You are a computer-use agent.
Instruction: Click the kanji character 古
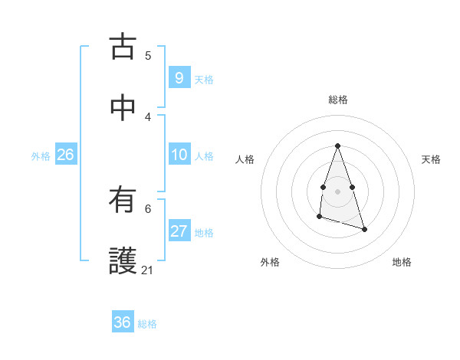tap(123, 47)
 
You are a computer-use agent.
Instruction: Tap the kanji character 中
tap(123, 108)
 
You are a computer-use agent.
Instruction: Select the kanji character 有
tap(123, 201)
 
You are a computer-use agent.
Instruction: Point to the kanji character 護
tap(123, 260)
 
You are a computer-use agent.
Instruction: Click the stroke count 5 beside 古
tap(148, 55)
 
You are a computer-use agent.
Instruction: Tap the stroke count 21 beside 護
tap(148, 270)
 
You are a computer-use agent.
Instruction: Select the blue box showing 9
tap(179, 77)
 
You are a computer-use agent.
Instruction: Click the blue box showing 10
tap(179, 155)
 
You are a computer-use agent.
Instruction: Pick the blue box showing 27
tap(179, 231)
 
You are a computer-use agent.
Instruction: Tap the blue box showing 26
tap(65, 155)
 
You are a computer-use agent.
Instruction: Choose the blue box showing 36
tap(122, 322)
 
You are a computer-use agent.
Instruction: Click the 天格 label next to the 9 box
tap(204, 79)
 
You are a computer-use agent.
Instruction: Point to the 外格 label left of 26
tap(41, 156)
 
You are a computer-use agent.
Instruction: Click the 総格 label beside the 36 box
tap(147, 324)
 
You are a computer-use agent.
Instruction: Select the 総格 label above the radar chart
tap(337, 100)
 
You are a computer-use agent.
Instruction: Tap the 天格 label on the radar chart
tap(432, 159)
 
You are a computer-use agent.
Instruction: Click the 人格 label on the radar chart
tap(245, 159)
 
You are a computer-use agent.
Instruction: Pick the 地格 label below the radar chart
tap(402, 262)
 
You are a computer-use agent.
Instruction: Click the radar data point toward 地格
tap(364, 229)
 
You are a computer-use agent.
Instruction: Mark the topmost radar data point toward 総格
tap(337, 146)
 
